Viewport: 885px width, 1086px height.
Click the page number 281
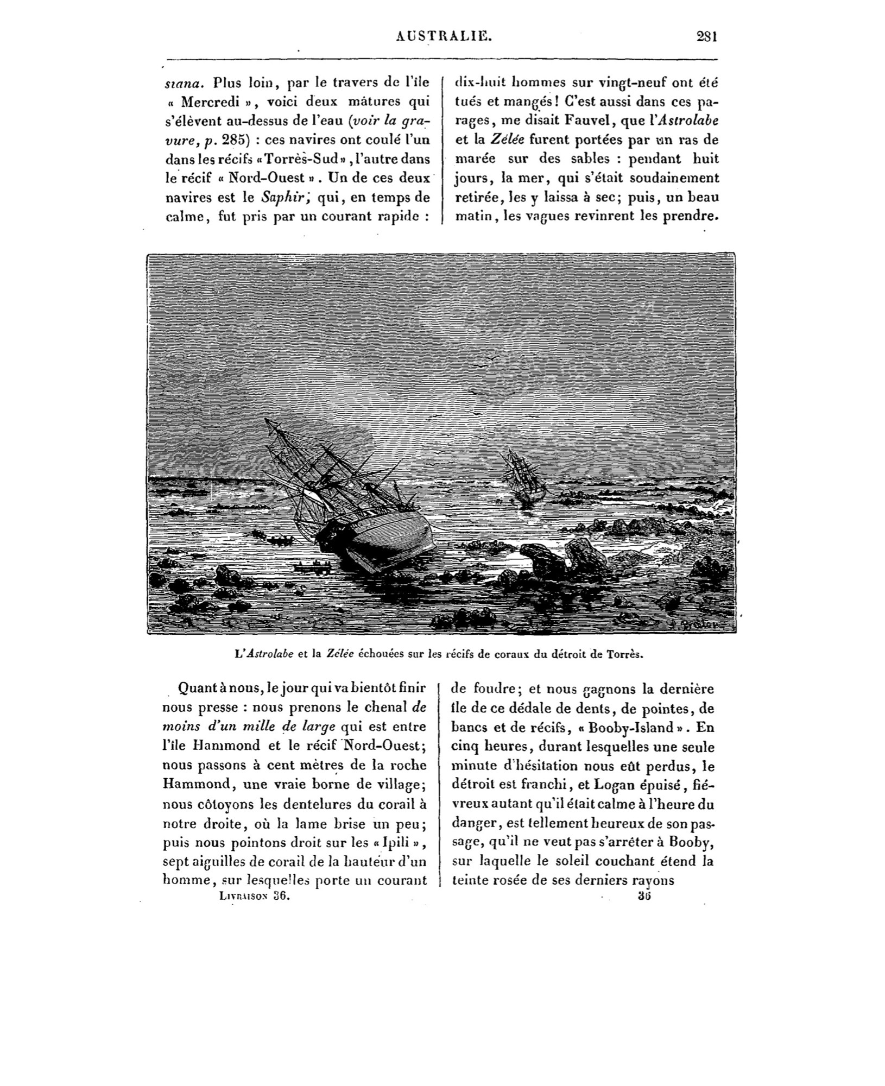(x=707, y=37)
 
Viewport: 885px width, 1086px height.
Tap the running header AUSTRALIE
(x=444, y=36)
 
